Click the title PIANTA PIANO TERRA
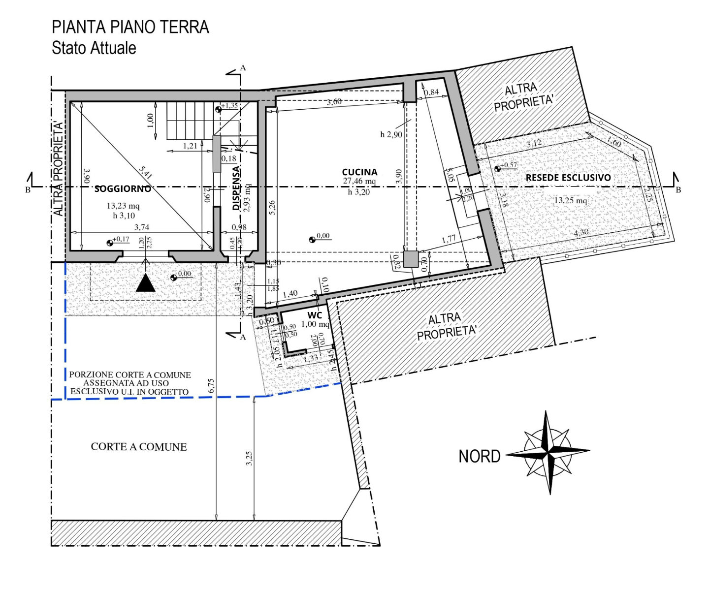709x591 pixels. pyautogui.click(x=130, y=27)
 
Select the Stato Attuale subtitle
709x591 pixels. pyautogui.click(x=94, y=48)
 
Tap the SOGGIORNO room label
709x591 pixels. pyautogui.click(x=123, y=188)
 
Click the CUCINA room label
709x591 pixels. pyautogui.click(x=359, y=172)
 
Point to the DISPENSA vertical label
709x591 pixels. pyautogui.click(x=236, y=188)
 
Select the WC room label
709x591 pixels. pyautogui.click(x=315, y=315)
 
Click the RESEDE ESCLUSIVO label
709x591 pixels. pyautogui.click(x=568, y=178)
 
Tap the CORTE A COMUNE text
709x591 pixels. pyautogui.click(x=139, y=447)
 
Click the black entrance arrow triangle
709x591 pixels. pyautogui.click(x=145, y=283)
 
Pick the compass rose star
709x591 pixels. pyautogui.click(x=548, y=451)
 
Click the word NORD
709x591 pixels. pyautogui.click(x=479, y=457)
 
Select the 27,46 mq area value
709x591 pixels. pyautogui.click(x=359, y=182)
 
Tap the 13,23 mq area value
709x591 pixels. pyautogui.click(x=123, y=206)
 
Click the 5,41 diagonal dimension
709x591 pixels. pyautogui.click(x=146, y=172)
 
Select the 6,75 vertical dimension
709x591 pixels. pyautogui.click(x=211, y=385)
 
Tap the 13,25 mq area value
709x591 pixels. pyautogui.click(x=570, y=200)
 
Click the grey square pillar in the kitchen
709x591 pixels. pyautogui.click(x=410, y=259)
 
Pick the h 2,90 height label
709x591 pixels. pyautogui.click(x=391, y=134)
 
